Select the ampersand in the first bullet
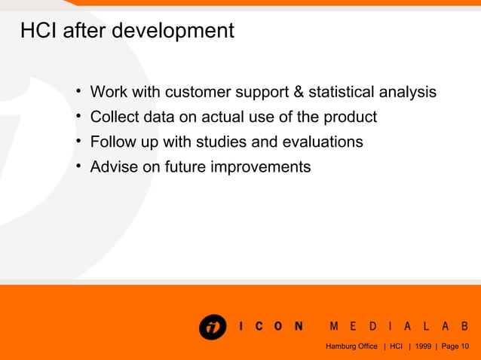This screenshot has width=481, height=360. point(297,93)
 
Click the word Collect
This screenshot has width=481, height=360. point(113,117)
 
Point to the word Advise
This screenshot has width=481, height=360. point(114,167)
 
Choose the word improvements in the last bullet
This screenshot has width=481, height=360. point(260,167)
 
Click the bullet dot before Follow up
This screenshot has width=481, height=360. point(78,142)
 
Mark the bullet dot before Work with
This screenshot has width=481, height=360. point(78,92)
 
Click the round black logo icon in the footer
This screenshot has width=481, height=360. point(213,326)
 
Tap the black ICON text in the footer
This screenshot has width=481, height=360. point(271,326)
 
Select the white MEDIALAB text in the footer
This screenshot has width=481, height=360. point(400,326)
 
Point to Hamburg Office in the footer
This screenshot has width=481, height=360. point(351,346)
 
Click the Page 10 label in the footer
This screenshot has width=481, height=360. point(455,346)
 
